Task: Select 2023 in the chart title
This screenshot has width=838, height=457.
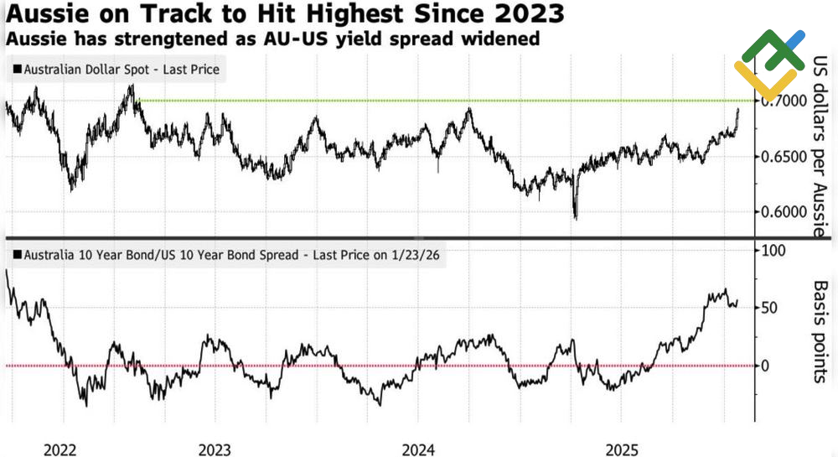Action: (x=525, y=14)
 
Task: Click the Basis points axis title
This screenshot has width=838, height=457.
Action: (x=820, y=331)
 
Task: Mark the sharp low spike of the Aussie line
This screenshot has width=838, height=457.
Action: (x=576, y=218)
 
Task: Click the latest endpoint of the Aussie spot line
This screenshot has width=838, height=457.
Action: (x=738, y=109)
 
